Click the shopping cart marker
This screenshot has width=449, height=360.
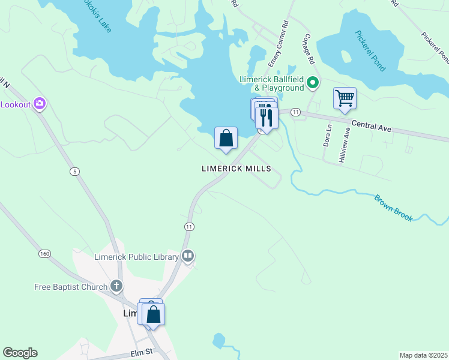tap(345, 98)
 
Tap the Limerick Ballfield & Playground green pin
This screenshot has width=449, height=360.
tap(312, 83)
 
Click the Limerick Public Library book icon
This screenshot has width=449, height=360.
tap(188, 257)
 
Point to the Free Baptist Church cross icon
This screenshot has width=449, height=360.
tap(116, 287)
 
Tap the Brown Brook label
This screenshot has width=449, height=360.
tap(394, 208)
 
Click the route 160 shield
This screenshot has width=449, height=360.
tap(44, 254)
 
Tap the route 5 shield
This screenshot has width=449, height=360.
tap(74, 172)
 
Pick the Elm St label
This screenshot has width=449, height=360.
tap(142, 352)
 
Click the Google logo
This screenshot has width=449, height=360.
tap(20, 353)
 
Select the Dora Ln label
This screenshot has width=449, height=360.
tap(328, 136)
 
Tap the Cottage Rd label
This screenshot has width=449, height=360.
tap(309, 49)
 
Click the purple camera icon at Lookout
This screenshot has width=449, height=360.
tap(40, 104)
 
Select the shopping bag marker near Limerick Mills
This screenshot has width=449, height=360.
tap(226, 139)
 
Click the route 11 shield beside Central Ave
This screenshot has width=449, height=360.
tap(295, 112)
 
